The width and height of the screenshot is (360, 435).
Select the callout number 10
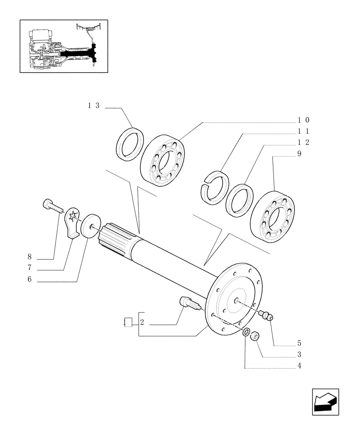(x=303, y=120)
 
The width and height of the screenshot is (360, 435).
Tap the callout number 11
(x=303, y=131)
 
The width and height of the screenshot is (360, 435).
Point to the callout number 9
(x=300, y=154)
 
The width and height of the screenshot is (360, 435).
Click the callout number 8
(x=30, y=257)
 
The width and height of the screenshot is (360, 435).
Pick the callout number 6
(x=30, y=280)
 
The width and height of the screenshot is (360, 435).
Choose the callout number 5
(x=300, y=343)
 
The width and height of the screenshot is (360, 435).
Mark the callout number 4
(x=300, y=366)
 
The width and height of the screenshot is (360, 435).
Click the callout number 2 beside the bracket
(x=142, y=323)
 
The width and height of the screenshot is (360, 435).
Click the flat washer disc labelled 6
(x=90, y=225)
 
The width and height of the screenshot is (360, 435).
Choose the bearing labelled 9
(x=273, y=215)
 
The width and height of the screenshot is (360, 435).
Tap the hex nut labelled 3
(x=256, y=335)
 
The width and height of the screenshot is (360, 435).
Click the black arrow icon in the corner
(x=325, y=402)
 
